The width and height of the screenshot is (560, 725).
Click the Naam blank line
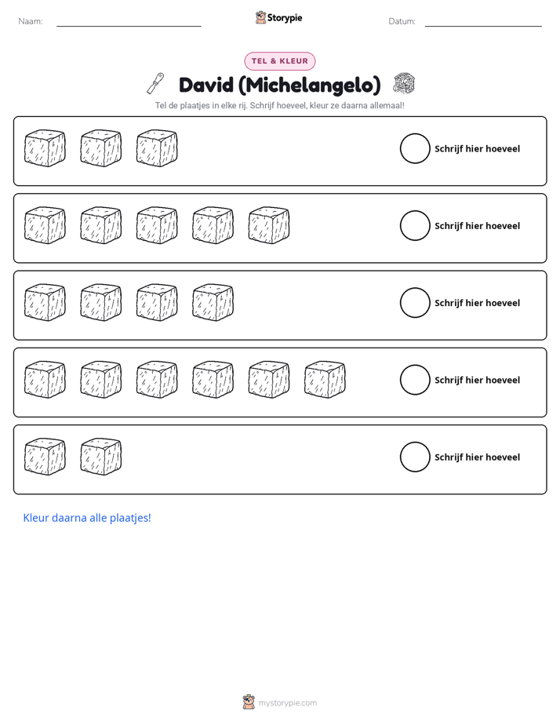129,27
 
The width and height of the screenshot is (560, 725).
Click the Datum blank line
483,27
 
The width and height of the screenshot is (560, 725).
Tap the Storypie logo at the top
278,17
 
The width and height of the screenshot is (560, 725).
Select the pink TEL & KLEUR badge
280,61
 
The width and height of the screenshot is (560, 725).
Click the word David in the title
206,85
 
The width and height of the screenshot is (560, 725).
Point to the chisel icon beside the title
156,83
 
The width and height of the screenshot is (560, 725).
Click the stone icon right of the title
404,83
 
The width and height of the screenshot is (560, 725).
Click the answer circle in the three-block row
415,148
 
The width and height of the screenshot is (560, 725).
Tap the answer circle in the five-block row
415,226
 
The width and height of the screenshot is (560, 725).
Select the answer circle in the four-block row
415,303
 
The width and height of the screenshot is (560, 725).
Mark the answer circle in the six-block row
415,380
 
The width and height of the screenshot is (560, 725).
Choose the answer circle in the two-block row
415,457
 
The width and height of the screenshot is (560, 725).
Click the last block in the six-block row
325,380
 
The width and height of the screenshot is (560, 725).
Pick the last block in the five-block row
269,225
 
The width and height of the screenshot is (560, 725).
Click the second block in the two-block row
100,457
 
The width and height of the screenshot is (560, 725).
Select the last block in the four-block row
213,302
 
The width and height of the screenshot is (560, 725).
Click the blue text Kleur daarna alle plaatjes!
87,518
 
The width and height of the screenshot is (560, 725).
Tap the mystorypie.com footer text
287,703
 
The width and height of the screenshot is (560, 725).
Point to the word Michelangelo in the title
309,86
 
